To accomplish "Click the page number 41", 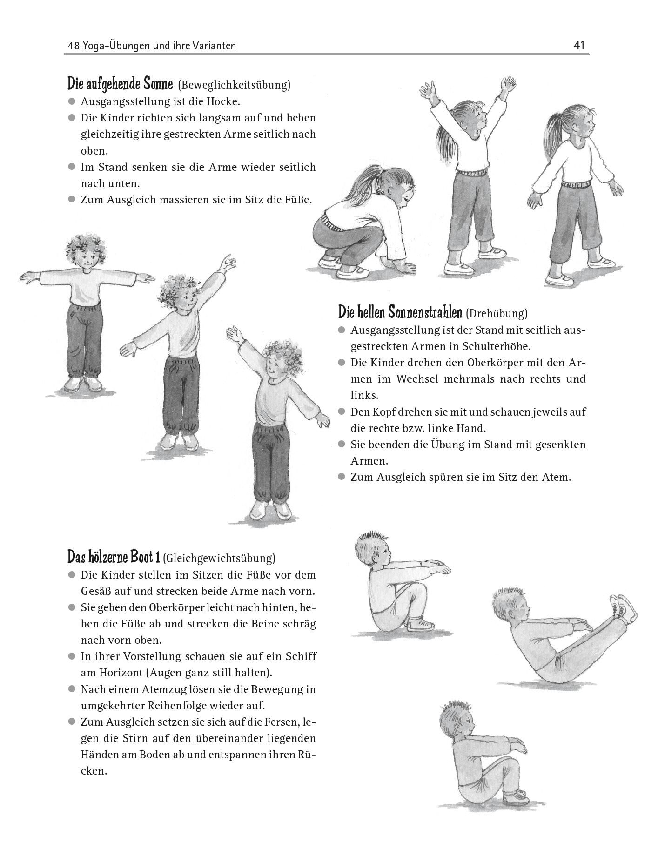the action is [x=579, y=45].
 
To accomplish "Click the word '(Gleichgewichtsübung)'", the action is [x=219, y=558].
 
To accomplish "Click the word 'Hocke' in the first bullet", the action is [x=225, y=101].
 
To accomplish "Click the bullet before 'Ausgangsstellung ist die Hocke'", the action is [x=71, y=101].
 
